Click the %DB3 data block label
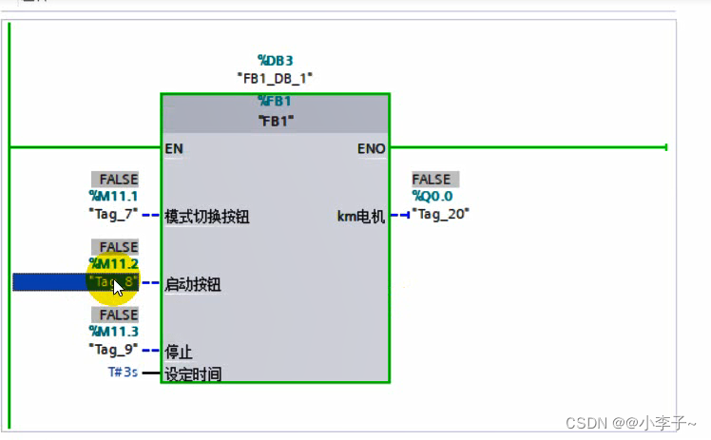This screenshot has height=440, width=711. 275,61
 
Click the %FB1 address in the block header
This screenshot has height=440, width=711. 275,102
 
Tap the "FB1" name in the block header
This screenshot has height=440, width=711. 275,121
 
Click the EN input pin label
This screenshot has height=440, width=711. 174,148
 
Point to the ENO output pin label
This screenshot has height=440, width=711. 371,148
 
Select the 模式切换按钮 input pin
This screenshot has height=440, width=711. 206,216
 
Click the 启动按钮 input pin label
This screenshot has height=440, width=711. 193,284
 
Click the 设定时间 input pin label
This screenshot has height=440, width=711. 193,373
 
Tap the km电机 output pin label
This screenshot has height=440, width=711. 361,216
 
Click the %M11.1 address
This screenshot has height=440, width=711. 113,197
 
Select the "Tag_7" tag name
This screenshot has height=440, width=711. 113,215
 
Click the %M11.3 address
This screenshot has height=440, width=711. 113,332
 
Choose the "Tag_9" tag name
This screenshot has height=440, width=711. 113,350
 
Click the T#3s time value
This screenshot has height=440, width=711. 123,373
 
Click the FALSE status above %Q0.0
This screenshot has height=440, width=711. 432,180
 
